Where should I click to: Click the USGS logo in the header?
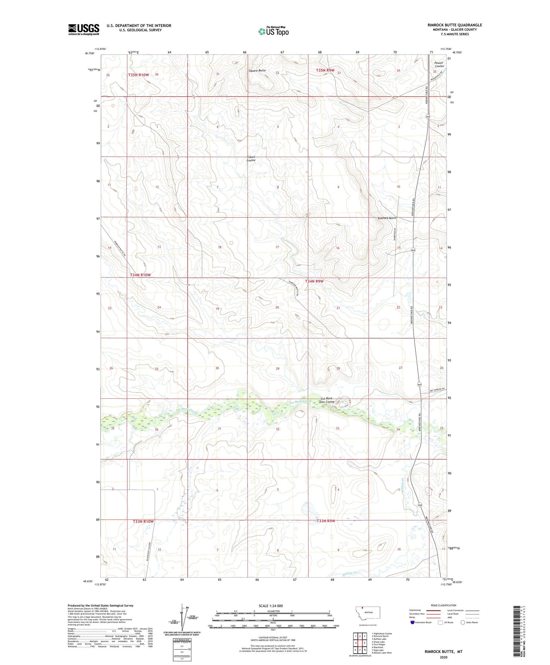click(x=84, y=29)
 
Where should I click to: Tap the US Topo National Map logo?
click(x=274, y=31)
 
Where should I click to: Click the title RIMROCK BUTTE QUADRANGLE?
click(x=454, y=25)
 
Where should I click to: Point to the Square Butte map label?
click(x=257, y=70)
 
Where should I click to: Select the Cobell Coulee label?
click(x=251, y=159)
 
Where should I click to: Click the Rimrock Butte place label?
click(x=387, y=218)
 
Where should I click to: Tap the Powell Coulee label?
click(x=439, y=65)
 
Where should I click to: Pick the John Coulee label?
click(x=326, y=402)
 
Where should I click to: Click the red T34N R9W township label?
click(x=315, y=281)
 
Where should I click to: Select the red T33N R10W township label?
click(x=143, y=522)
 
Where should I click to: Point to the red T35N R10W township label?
click(x=139, y=75)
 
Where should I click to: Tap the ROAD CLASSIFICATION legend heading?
click(x=444, y=605)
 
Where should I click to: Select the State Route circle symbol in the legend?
click(x=463, y=622)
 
